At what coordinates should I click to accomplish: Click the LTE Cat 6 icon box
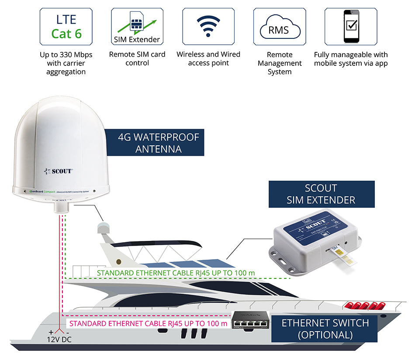tap(66, 27)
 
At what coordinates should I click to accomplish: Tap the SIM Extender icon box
tap(137, 27)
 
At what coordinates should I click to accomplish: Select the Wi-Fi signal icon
tap(208, 27)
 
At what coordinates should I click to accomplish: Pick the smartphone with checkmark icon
tap(351, 26)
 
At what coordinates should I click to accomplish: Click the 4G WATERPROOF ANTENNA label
tap(158, 143)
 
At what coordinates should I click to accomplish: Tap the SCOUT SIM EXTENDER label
tap(321, 194)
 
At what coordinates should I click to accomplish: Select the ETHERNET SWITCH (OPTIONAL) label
tap(325, 329)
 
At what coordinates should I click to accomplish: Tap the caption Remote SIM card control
tap(137, 59)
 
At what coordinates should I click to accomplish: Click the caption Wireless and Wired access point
tap(208, 59)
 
